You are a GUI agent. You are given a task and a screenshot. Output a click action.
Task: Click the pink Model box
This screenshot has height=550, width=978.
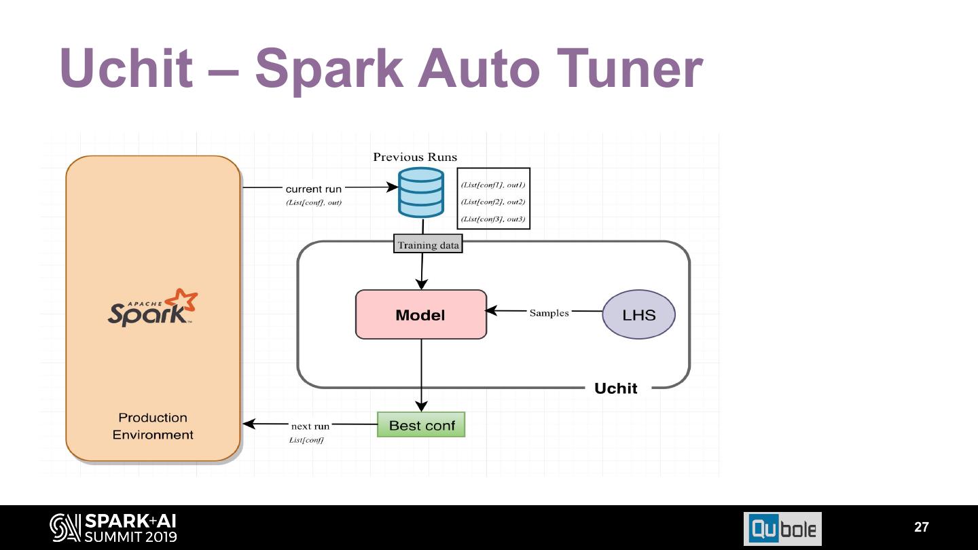421,314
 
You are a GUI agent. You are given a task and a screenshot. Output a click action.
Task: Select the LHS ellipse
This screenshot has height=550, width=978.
638,314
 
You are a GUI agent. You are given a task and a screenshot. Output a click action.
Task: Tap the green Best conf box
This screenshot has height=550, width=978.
421,425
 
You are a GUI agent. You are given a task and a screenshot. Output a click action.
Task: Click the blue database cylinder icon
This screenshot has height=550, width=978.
420,192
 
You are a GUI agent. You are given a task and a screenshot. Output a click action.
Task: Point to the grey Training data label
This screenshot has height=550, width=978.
428,245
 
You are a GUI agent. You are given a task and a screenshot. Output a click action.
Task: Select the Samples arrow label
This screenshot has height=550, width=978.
549,313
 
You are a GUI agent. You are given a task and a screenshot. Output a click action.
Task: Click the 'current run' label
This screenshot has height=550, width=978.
313,189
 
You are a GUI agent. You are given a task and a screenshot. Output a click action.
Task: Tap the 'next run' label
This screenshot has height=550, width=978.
310,426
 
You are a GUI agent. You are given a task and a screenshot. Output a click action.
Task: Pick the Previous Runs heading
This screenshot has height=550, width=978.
415,157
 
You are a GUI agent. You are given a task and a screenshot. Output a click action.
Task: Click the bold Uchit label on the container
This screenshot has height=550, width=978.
615,388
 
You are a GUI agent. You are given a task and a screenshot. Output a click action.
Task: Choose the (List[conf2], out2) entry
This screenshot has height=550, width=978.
493,202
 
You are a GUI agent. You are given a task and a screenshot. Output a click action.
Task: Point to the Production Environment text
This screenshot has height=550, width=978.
153,426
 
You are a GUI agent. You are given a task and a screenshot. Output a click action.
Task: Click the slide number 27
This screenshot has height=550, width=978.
921,527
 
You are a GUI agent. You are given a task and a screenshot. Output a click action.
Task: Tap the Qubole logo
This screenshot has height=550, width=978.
782,528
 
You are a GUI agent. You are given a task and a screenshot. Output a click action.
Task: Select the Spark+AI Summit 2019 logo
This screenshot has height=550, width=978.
113,528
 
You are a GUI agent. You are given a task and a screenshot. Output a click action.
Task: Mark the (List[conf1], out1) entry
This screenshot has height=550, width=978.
493,185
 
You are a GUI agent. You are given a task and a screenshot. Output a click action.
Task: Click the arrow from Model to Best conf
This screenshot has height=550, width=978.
421,373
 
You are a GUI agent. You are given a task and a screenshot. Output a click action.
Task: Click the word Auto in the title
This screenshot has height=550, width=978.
478,69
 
